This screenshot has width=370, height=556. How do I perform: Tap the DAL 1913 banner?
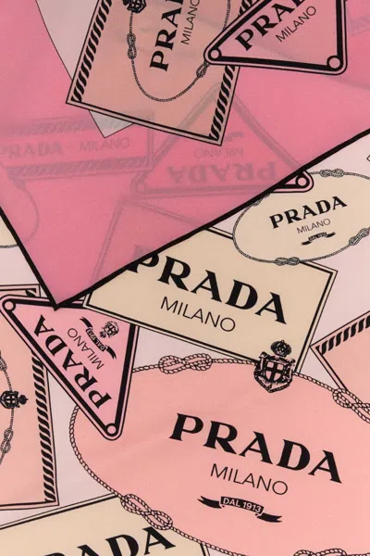(228, 503)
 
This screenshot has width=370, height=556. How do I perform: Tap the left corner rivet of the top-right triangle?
(215, 53)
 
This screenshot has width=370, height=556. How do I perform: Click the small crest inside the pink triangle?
(109, 330)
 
